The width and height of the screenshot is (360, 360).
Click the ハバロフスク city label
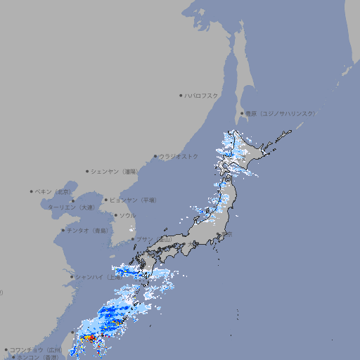coord(202,95)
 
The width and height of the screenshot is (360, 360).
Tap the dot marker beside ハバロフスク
coord(181,95)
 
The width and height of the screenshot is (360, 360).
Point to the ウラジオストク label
coord(179,156)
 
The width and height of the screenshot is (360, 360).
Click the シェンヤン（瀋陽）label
coord(115,171)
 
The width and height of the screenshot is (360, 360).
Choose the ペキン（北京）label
coord(53,191)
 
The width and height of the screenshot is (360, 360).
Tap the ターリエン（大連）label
coord(71,207)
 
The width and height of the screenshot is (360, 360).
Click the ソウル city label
coord(127,215)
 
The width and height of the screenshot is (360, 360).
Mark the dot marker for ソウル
coord(116,215)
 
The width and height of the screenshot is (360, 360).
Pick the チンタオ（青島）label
coord(86,231)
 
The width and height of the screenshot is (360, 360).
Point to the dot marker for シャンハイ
coord(72,277)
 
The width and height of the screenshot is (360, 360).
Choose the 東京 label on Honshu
coord(229,234)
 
